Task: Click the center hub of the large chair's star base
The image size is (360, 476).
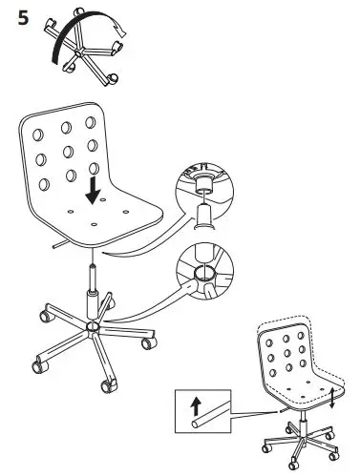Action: pyautogui.click(x=92, y=327)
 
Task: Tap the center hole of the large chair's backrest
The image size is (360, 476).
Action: pyautogui.click(x=70, y=155)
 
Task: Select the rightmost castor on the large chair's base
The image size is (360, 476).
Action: pyautogui.click(x=148, y=339)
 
